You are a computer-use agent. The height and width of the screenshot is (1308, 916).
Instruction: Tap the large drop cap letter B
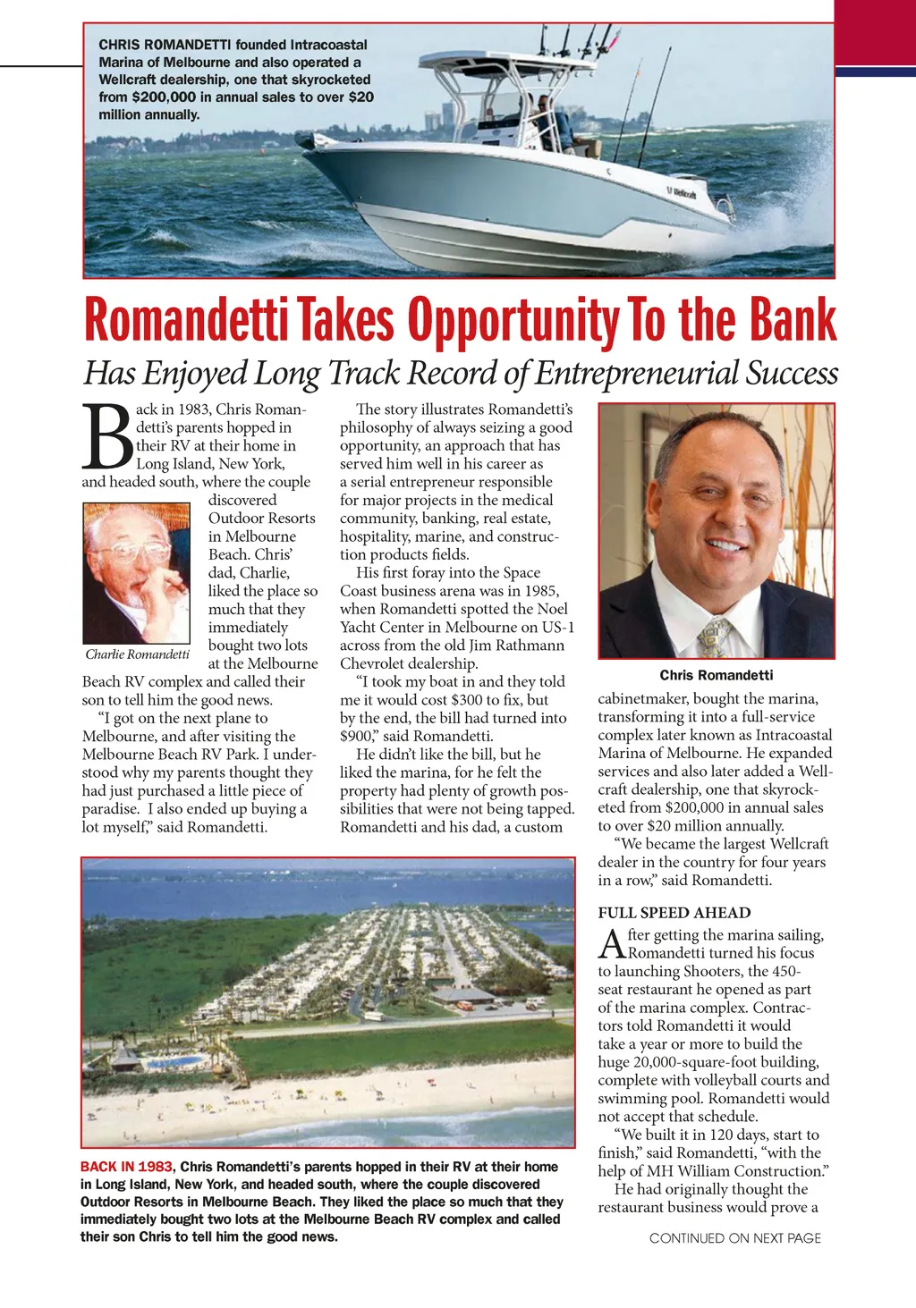(106, 438)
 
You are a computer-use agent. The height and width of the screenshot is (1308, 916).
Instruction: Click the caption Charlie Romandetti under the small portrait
(137, 654)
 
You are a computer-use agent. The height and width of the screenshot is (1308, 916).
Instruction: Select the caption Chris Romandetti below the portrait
(716, 675)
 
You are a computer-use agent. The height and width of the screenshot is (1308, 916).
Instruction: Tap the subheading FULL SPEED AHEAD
(674, 913)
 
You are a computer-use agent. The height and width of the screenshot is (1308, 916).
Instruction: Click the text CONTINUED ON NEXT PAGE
(734, 1238)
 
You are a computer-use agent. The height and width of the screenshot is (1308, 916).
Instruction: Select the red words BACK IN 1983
(126, 1167)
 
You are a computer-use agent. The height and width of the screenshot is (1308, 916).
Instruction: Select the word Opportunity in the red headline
(513, 320)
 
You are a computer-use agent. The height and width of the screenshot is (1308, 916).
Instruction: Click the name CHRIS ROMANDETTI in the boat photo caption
(165, 45)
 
